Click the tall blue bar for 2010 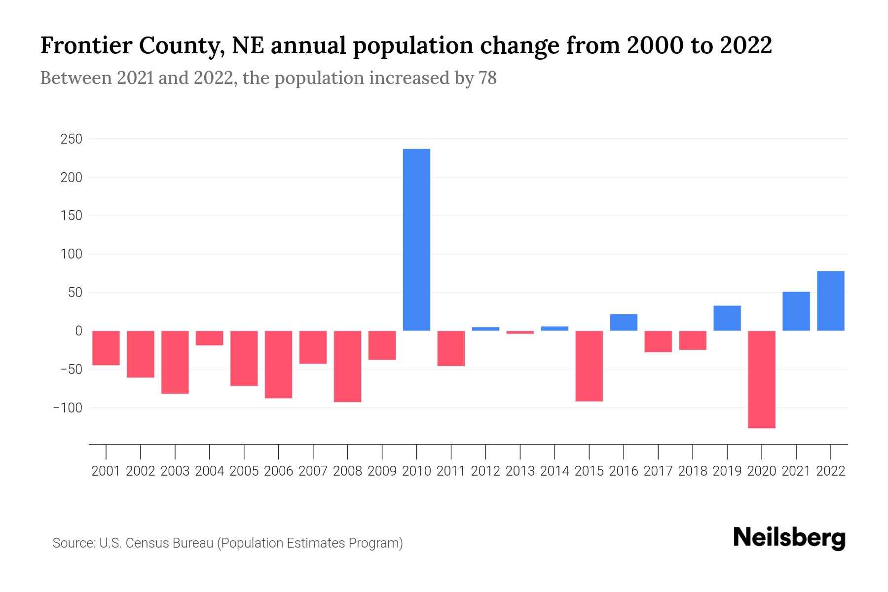pos(416,240)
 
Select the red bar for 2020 pos(762,379)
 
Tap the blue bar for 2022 pos(831,301)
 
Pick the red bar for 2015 pos(589,366)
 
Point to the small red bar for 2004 pos(210,338)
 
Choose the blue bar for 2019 pos(727,318)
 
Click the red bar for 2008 pos(348,366)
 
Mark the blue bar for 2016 pos(624,322)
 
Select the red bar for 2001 pos(106,348)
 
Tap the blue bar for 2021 pos(796,311)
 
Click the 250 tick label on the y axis pos(71,139)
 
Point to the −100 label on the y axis pos(67,408)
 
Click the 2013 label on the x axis pos(520,471)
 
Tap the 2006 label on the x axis pos(279,471)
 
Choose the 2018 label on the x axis pos(693,471)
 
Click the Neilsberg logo pos(789,538)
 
